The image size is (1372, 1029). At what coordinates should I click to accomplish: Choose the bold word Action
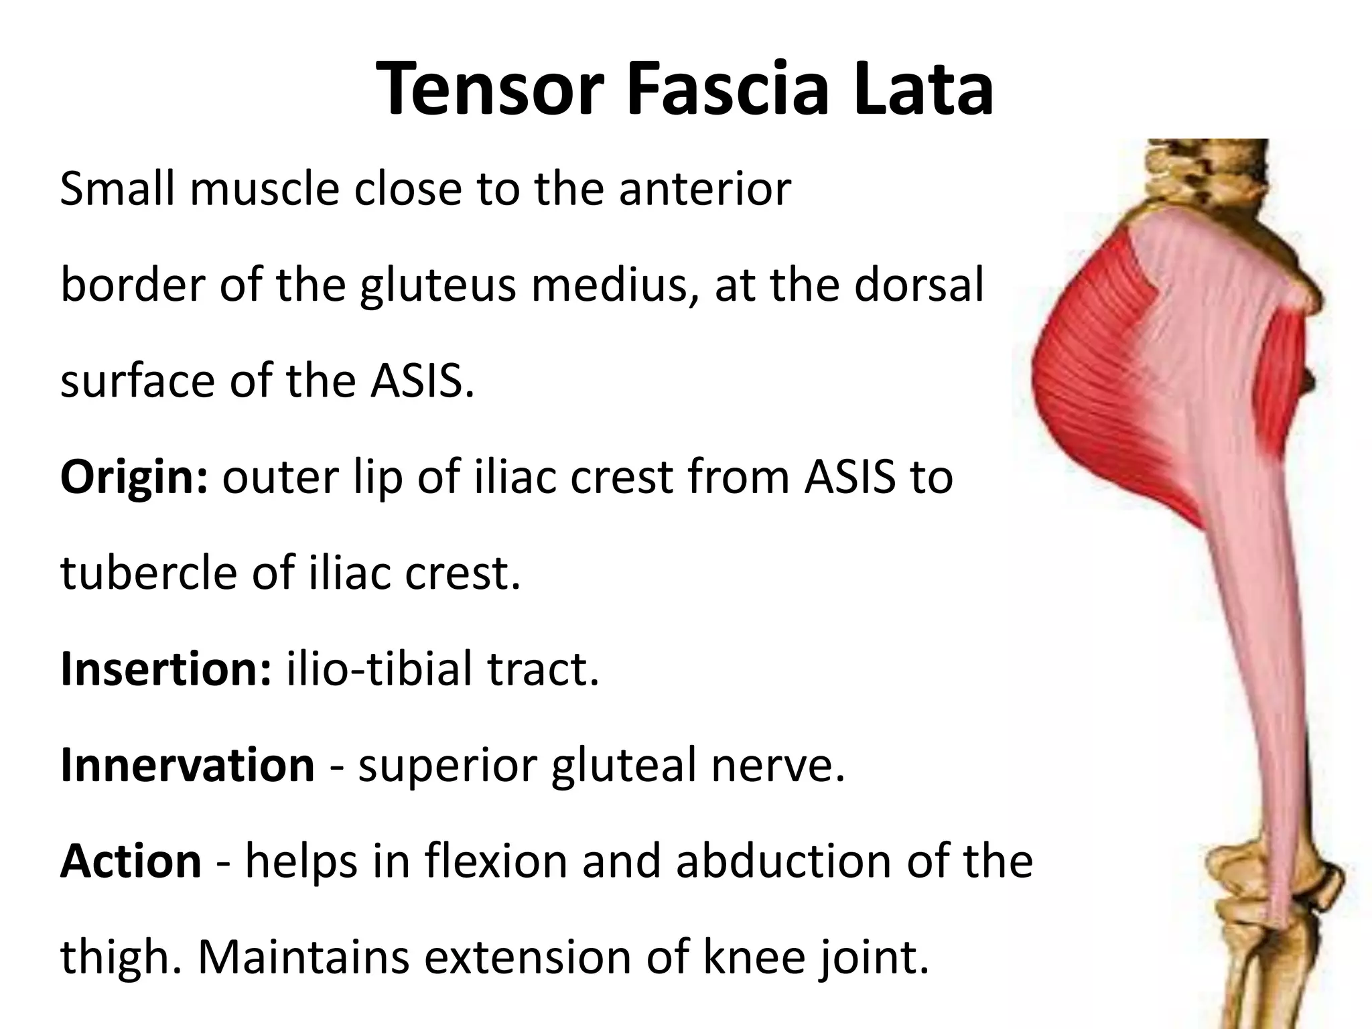click(131, 861)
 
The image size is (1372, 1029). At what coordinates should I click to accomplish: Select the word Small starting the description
click(118, 190)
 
